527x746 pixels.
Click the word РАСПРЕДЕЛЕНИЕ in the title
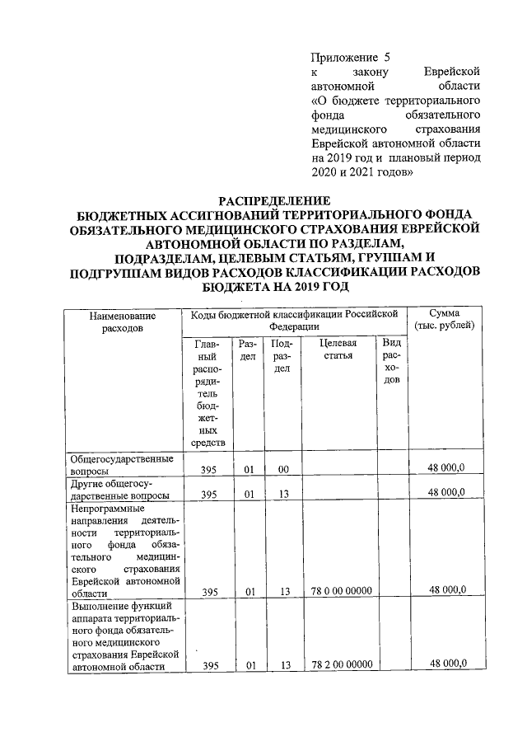(x=273, y=200)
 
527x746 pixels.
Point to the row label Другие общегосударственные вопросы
(x=120, y=488)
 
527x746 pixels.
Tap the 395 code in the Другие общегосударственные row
(x=210, y=494)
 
